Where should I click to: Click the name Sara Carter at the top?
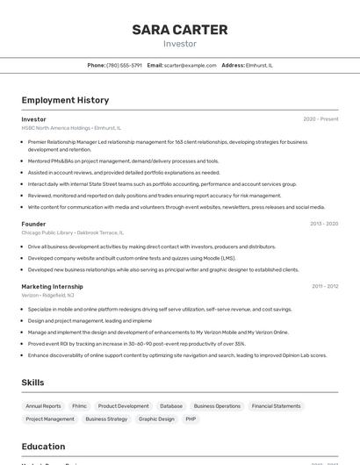[180, 30]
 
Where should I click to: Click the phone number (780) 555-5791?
[124, 65]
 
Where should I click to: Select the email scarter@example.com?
[190, 65]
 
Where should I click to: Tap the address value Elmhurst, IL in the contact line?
[259, 65]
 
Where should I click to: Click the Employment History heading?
[65, 100]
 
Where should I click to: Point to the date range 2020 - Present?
[320, 119]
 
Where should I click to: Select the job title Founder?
[33, 224]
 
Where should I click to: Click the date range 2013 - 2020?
[323, 224]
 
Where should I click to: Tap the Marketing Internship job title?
[52, 286]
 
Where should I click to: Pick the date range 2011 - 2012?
[324, 286]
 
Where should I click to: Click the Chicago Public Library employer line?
[72, 232]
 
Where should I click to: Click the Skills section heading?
[32, 383]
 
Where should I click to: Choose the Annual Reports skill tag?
[43, 406]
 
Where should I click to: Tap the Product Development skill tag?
[123, 406]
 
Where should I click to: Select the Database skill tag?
[171, 406]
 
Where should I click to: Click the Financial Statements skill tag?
[276, 406]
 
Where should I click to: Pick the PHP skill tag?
[191, 419]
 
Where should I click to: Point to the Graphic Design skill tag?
[156, 419]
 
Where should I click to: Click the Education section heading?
[43, 446]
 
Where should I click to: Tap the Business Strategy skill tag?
[106, 419]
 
